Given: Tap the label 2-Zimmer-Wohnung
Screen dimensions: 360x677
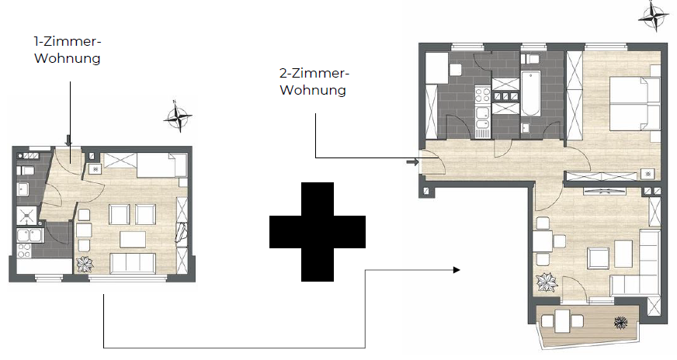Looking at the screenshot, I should pyautogui.click(x=314, y=81).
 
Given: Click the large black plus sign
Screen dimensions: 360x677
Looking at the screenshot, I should pyautogui.click(x=317, y=231).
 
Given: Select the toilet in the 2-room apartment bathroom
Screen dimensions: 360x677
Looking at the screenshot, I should pyautogui.click(x=532, y=61).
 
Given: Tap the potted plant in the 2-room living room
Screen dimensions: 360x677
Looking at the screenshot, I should pyautogui.click(x=546, y=282).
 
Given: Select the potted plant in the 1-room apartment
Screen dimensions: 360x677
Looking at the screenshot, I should pyautogui.click(x=83, y=264).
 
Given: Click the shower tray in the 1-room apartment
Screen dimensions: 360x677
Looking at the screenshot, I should pyautogui.click(x=26, y=215).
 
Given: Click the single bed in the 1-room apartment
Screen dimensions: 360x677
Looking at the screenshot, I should pyautogui.click(x=160, y=164).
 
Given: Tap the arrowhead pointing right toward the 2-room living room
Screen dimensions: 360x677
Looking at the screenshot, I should pyautogui.click(x=456, y=269).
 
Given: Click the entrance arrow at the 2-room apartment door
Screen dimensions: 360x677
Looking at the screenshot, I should pyautogui.click(x=411, y=162).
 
